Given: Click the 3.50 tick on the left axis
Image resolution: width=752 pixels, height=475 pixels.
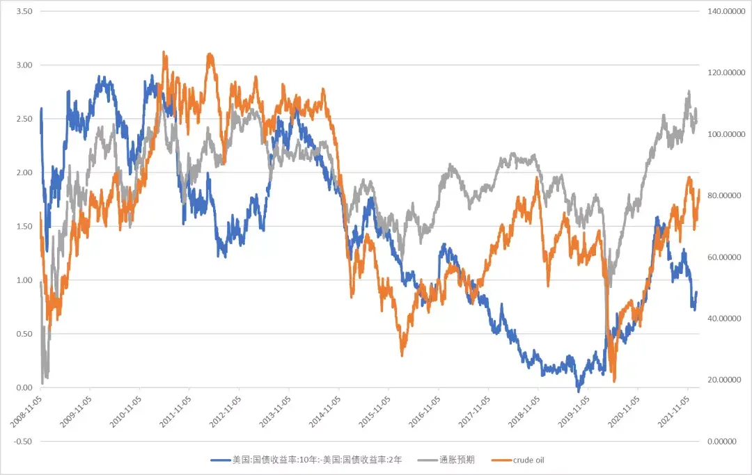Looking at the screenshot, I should pyautogui.click(x=24, y=12).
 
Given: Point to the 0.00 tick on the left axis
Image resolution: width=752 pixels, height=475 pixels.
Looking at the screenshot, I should pyautogui.click(x=24, y=388).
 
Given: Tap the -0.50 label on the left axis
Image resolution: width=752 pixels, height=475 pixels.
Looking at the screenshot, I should pyautogui.click(x=22, y=442).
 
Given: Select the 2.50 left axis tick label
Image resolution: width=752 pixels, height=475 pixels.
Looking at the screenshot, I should pyautogui.click(x=24, y=119).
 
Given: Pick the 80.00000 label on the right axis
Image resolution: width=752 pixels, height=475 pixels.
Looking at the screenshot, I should pyautogui.click(x=725, y=196).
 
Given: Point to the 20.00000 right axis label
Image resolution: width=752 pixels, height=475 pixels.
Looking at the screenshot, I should pyautogui.click(x=725, y=380).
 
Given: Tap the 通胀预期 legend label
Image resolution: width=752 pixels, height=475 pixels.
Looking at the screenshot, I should pyautogui.click(x=457, y=460).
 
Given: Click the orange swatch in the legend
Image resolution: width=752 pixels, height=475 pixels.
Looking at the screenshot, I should pyautogui.click(x=500, y=460).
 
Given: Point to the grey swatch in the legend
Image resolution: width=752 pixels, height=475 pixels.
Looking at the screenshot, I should pyautogui.click(x=426, y=460).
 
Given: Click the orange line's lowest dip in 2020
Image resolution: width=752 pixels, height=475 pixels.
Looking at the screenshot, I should pyautogui.click(x=614, y=380).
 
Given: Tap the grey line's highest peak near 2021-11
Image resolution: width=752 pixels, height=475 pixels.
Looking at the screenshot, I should pyautogui.click(x=689, y=91).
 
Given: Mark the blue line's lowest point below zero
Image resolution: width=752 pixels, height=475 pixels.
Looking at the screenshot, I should pyautogui.click(x=578, y=392).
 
